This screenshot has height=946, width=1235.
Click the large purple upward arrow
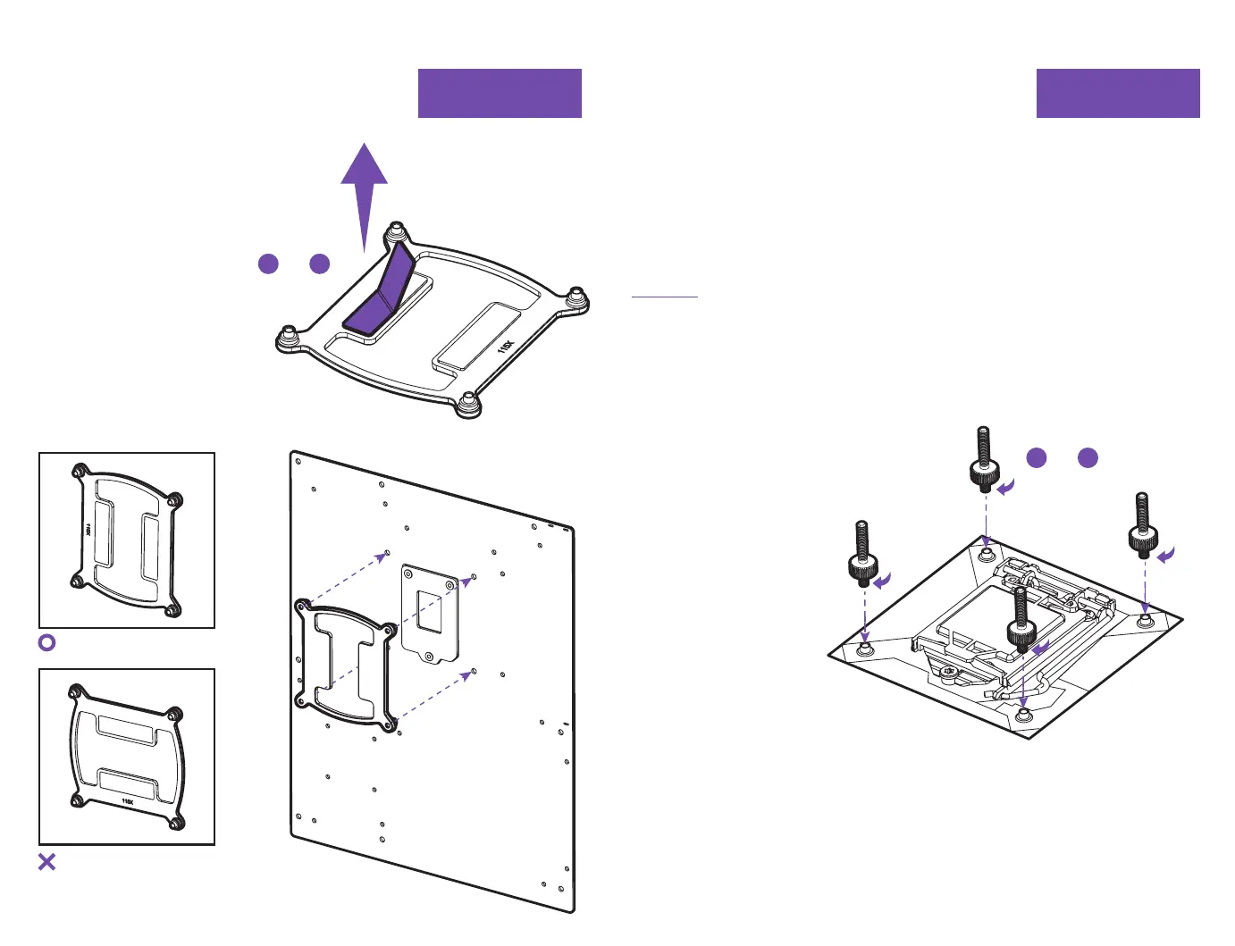coord(364,188)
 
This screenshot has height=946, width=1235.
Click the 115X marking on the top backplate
coord(506,346)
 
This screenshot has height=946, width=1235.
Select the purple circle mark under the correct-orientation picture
coord(47,642)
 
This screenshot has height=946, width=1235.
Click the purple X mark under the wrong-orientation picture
coord(47,862)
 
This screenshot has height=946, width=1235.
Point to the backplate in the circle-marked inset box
coord(126,540)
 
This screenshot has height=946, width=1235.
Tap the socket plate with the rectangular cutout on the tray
coord(430,613)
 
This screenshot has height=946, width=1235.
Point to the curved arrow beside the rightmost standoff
coord(1166,556)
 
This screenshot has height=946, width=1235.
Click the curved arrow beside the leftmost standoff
coord(883,582)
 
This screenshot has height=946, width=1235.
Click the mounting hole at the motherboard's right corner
coord(1147,619)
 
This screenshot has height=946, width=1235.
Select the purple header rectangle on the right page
coord(1117,93)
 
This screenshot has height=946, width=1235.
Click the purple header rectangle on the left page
coord(500,93)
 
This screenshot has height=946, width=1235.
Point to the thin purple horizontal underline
coord(664,296)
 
